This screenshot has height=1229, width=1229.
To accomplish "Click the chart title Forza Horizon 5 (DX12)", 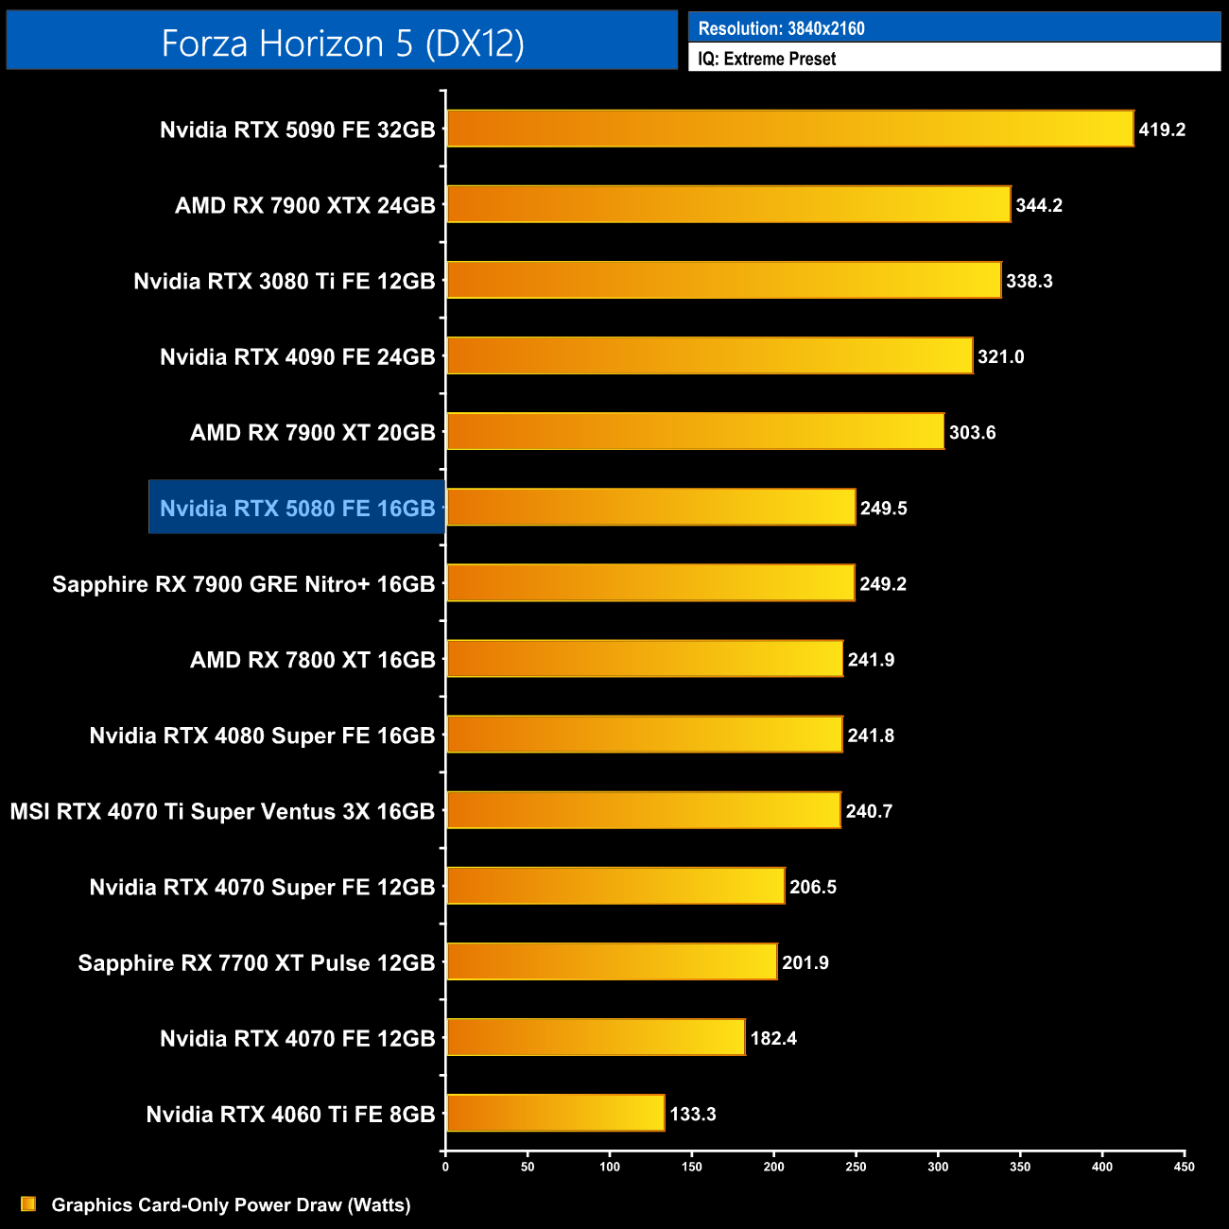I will click(x=342, y=43).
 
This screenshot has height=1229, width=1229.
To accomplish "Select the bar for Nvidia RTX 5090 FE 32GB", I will click(x=789, y=129).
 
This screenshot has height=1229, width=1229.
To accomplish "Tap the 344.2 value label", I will click(x=1039, y=205).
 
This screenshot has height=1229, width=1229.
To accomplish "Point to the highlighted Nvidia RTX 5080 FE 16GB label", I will click(x=297, y=509).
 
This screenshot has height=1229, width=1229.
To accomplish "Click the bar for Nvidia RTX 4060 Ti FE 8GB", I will click(x=556, y=1113).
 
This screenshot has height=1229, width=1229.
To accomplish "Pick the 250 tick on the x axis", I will click(x=856, y=1167).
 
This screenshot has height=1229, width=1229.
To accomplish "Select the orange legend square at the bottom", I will click(x=28, y=1203).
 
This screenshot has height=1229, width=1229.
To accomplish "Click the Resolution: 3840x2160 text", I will click(x=781, y=28).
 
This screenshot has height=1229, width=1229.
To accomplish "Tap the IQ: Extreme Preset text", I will click(x=767, y=59).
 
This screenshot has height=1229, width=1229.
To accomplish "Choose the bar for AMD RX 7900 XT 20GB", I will click(x=695, y=431).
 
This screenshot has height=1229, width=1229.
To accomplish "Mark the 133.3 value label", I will click(x=693, y=1114).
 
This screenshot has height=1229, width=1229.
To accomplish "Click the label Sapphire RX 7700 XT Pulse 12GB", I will click(x=256, y=962).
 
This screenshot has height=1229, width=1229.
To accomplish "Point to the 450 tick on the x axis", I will click(x=1184, y=1167).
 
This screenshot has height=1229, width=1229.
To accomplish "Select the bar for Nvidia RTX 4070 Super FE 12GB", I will click(x=615, y=886).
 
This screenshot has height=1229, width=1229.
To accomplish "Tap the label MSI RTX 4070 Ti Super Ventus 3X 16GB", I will click(x=222, y=811).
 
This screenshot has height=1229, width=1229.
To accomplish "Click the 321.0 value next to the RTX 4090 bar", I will click(x=1000, y=356).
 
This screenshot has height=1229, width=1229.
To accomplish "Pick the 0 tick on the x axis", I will click(x=445, y=1167).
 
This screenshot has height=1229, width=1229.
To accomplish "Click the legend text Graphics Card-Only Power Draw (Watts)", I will click(x=231, y=1204).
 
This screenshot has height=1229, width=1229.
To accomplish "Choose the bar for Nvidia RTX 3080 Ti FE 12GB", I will click(x=723, y=280).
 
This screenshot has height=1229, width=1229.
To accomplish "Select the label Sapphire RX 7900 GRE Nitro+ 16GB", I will click(x=243, y=584).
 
